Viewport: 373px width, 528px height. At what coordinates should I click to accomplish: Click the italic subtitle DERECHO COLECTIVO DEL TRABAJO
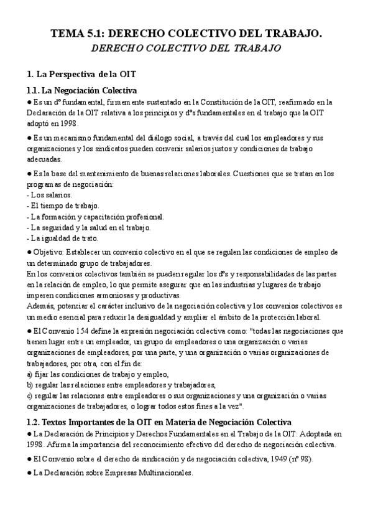[x=186, y=47]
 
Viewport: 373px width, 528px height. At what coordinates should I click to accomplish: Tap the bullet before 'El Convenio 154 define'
[x=29, y=331]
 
